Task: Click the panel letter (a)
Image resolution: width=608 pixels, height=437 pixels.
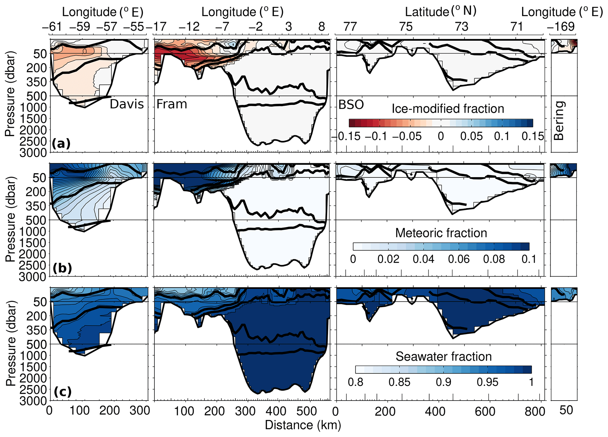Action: click(61, 144)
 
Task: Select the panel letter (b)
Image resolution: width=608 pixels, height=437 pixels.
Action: click(62, 268)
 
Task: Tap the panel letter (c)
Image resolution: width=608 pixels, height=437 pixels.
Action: click(63, 392)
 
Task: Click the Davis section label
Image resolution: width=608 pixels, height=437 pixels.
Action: click(127, 104)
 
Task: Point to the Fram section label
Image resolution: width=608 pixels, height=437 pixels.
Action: click(172, 104)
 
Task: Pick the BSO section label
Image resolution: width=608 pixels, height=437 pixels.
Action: click(351, 105)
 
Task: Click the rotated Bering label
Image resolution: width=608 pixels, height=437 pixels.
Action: click(559, 120)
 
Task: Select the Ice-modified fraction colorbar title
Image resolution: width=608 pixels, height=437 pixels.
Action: click(448, 109)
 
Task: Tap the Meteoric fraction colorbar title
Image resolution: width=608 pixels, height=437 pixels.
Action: click(441, 233)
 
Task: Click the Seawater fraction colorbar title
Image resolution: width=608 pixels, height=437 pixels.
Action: click(444, 357)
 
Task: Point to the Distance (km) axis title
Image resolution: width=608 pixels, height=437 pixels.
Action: click(303, 425)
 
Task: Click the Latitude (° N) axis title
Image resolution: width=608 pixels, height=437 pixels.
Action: click(440, 11)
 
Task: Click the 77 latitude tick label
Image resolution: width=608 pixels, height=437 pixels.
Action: click(350, 27)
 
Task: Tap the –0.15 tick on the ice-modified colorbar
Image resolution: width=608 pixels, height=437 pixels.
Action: click(347, 136)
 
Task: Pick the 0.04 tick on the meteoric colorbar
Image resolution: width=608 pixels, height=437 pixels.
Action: click(424, 259)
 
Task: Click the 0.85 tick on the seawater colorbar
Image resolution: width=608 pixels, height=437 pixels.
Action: click(399, 382)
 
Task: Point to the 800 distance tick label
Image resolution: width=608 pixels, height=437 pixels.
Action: click(535, 411)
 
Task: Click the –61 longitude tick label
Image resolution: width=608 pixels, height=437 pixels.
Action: click(52, 27)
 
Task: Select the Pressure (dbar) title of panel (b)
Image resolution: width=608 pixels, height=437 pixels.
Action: click(10, 220)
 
